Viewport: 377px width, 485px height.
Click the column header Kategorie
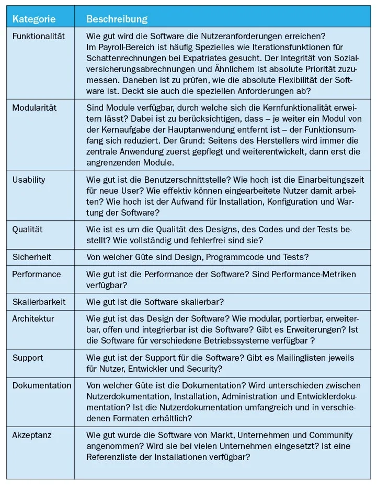click(34, 19)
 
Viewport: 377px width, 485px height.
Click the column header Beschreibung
click(117, 19)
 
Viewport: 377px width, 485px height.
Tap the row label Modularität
click(35, 108)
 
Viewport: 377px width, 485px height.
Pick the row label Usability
click(29, 180)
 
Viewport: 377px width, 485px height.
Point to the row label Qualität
click(28, 229)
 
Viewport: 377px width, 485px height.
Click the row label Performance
click(37, 275)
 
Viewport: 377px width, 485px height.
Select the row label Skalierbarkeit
click(39, 302)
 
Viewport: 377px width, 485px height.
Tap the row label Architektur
click(33, 319)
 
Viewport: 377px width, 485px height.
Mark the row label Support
click(28, 358)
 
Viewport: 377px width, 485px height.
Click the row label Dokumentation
click(42, 385)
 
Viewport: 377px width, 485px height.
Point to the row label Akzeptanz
click(32, 435)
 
